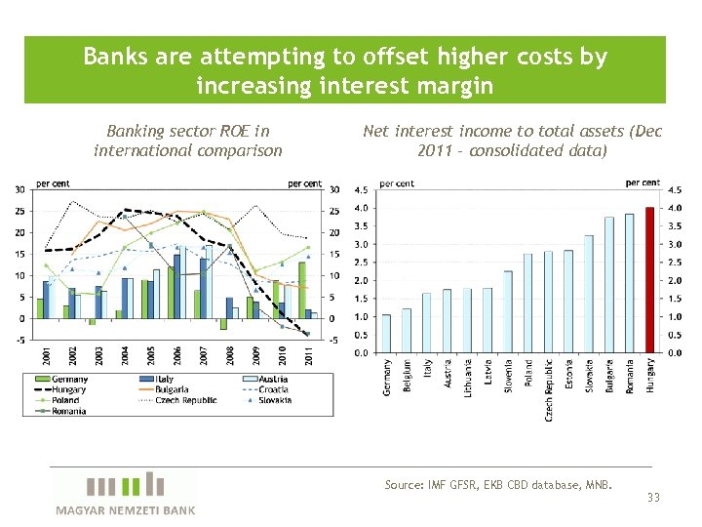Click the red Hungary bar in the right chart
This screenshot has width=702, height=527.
650,280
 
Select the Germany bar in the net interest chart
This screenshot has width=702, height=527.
386,334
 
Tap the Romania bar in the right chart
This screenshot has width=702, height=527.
630,283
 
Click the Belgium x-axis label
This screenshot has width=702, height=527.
407,374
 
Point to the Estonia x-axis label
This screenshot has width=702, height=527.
568,375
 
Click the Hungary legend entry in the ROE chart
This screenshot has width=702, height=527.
70,389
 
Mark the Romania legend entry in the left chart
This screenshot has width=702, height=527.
70,411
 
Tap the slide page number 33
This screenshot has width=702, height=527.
653,498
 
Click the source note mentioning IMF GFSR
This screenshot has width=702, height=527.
498,484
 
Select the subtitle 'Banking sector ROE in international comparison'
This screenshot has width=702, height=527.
188,141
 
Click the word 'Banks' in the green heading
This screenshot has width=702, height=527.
115,57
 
